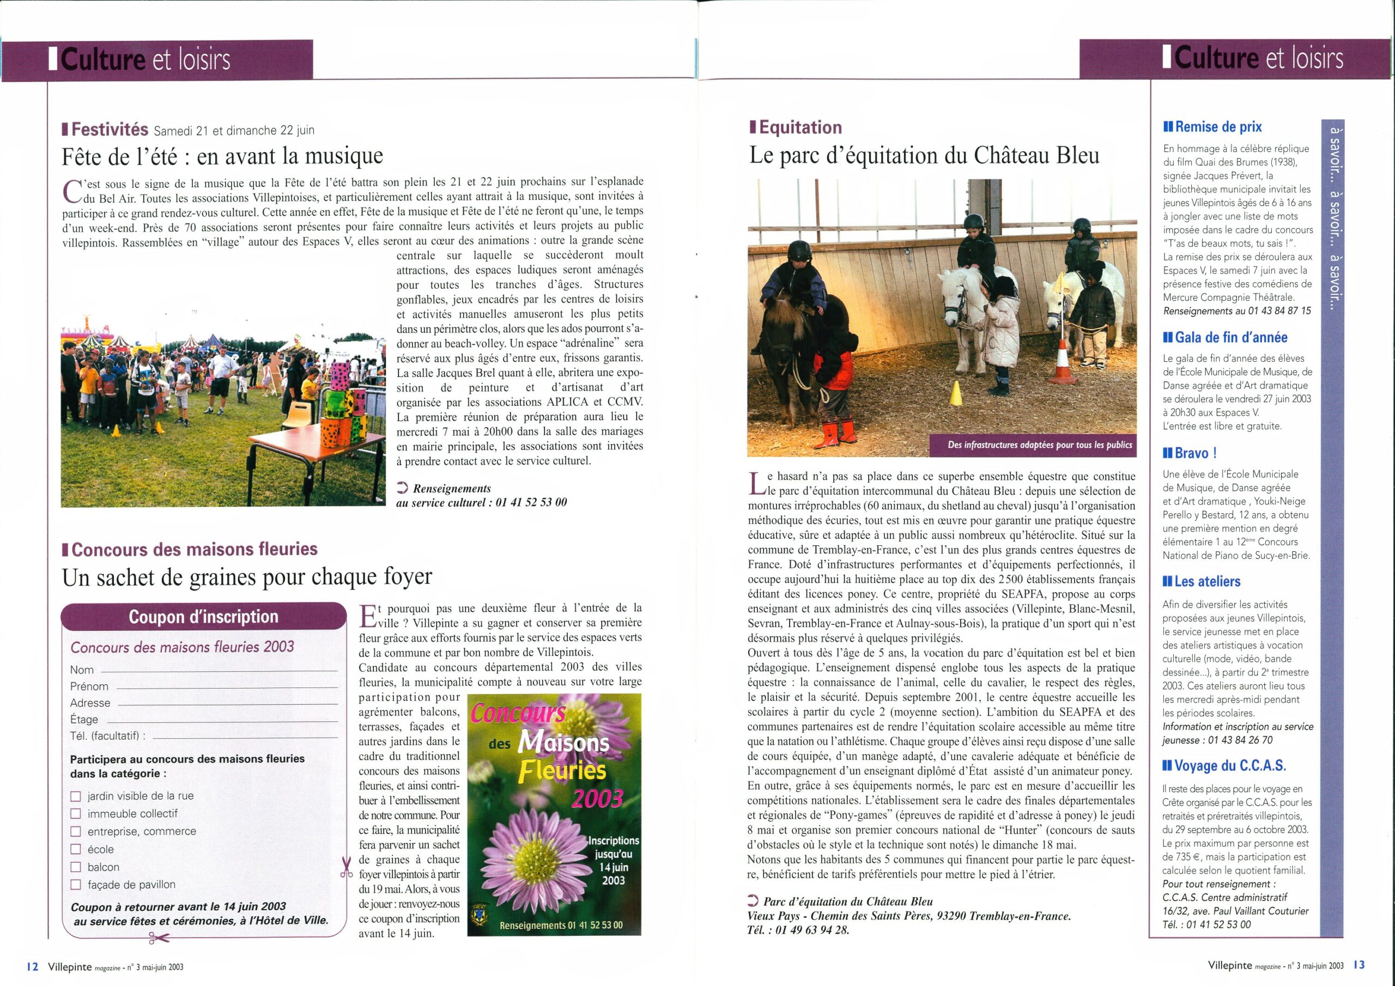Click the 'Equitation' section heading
tap(800, 127)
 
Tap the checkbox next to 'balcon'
tap(76, 867)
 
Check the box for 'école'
tap(76, 849)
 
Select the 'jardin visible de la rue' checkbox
tap(76, 796)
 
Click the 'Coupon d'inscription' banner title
tap(204, 617)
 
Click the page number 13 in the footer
tap(1360, 964)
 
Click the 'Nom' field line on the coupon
tap(219, 671)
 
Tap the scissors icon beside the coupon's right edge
tap(347, 868)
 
